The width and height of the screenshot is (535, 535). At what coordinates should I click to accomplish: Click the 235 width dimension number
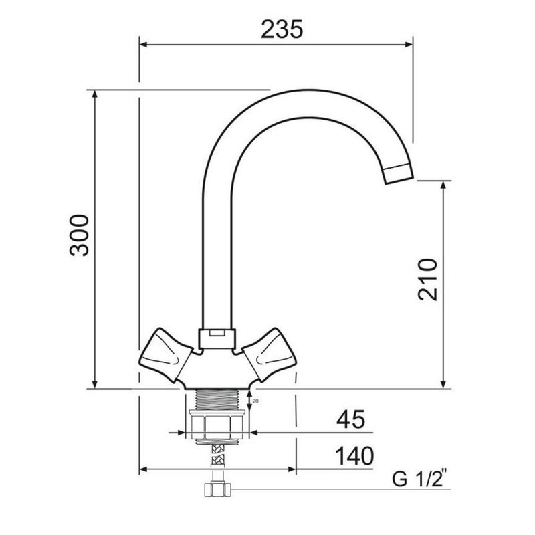[x=282, y=29]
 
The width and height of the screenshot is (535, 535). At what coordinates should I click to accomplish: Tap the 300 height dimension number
[x=79, y=235]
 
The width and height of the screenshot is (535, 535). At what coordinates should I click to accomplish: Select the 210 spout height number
[x=428, y=280]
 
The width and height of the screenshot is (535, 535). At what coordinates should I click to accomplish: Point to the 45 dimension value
[x=350, y=419]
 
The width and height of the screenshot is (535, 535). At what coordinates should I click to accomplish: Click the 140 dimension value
[x=354, y=456]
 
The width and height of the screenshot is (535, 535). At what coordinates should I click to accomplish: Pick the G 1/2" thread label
[x=419, y=479]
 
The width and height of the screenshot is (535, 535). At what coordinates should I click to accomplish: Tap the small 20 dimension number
[x=255, y=401]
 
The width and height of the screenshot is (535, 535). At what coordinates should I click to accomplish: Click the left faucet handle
[x=166, y=355]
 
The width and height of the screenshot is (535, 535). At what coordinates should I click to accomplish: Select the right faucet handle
[x=269, y=355]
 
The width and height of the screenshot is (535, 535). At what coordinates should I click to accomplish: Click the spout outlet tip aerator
[x=398, y=174]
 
